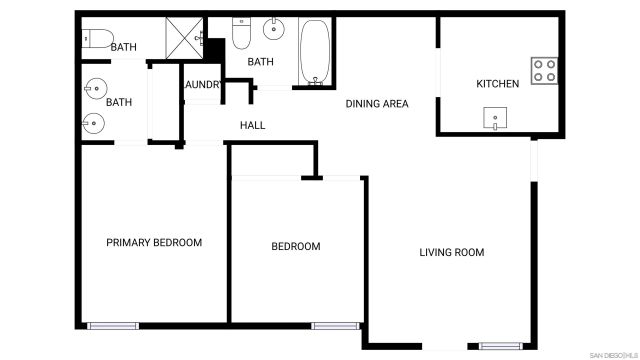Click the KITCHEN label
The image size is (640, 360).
497,84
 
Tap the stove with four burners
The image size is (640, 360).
544,70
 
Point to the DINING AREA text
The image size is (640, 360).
377,104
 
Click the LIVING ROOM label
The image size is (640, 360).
451,253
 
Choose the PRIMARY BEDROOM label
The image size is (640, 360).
154,243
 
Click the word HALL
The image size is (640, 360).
252,125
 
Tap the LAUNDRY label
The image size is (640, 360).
201,85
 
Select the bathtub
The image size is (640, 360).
314,53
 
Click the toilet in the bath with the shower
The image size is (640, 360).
96,39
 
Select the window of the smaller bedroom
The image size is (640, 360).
335,325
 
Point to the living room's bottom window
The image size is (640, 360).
499,346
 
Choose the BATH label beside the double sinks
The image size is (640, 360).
119,102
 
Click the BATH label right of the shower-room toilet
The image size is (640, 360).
124,47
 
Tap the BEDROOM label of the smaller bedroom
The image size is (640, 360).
296,247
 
